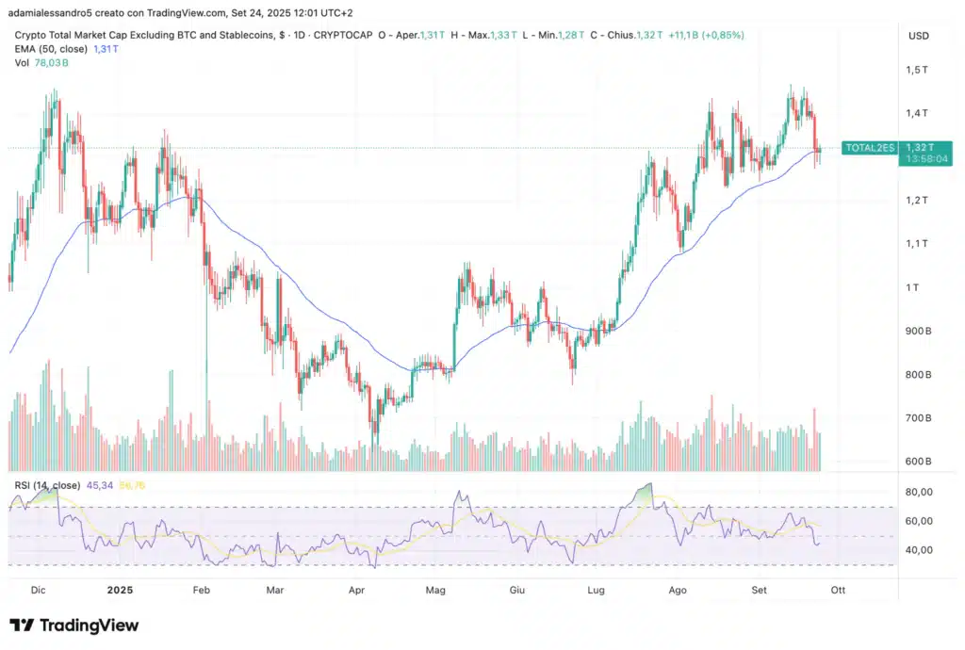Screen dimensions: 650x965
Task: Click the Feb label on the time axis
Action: pyautogui.click(x=201, y=590)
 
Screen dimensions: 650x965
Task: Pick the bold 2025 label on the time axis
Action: pyautogui.click(x=120, y=590)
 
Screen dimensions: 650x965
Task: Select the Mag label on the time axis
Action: pyautogui.click(x=435, y=590)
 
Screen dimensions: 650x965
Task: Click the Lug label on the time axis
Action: pyautogui.click(x=596, y=590)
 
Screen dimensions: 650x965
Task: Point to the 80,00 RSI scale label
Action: pyautogui.click(x=918, y=492)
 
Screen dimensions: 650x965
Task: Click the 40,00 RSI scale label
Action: pyautogui.click(x=918, y=550)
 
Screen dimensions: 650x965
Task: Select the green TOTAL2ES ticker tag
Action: pyautogui.click(x=868, y=148)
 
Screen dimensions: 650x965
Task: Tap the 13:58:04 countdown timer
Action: pyautogui.click(x=925, y=159)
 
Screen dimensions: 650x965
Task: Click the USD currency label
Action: pyautogui.click(x=918, y=36)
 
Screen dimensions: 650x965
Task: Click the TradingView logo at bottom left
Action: pyautogui.click(x=74, y=626)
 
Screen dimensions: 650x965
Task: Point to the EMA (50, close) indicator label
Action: pyautogui.click(x=51, y=48)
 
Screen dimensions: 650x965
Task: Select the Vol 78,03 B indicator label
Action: pyautogui.click(x=41, y=62)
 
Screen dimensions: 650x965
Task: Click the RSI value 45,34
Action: pyautogui.click(x=100, y=485)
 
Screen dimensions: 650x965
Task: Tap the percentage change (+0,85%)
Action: pyautogui.click(x=720, y=35)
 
